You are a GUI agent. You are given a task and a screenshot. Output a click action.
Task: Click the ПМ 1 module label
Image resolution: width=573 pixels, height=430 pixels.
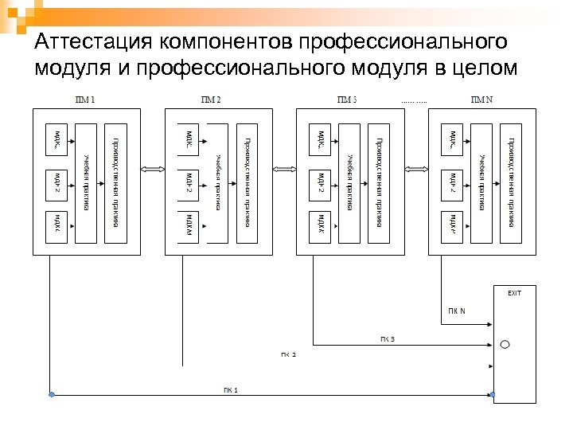coord(84,100)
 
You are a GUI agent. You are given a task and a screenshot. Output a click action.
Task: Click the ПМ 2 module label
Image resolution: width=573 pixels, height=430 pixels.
coord(211,100)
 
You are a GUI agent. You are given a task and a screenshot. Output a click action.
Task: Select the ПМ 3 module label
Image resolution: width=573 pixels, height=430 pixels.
coord(347,100)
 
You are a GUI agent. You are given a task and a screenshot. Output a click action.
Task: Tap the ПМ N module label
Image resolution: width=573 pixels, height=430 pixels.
coord(482,100)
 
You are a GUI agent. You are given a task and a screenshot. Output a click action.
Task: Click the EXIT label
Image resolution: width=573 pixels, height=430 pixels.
coord(515,292)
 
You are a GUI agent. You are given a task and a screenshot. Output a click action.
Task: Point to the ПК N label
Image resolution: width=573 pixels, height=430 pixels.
coord(456,311)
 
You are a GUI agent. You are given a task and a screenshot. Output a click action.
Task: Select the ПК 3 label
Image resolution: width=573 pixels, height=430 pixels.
coord(387,340)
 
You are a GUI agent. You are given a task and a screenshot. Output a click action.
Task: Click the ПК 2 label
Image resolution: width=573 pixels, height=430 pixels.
coord(287,354)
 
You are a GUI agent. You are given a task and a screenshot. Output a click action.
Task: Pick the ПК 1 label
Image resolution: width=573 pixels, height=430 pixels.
coord(230,389)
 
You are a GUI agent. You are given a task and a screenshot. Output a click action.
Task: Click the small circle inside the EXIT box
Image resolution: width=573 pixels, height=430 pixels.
coord(504,345)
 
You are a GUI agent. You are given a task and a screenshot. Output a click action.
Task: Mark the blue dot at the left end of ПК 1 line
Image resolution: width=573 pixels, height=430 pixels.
coord(52,394)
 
